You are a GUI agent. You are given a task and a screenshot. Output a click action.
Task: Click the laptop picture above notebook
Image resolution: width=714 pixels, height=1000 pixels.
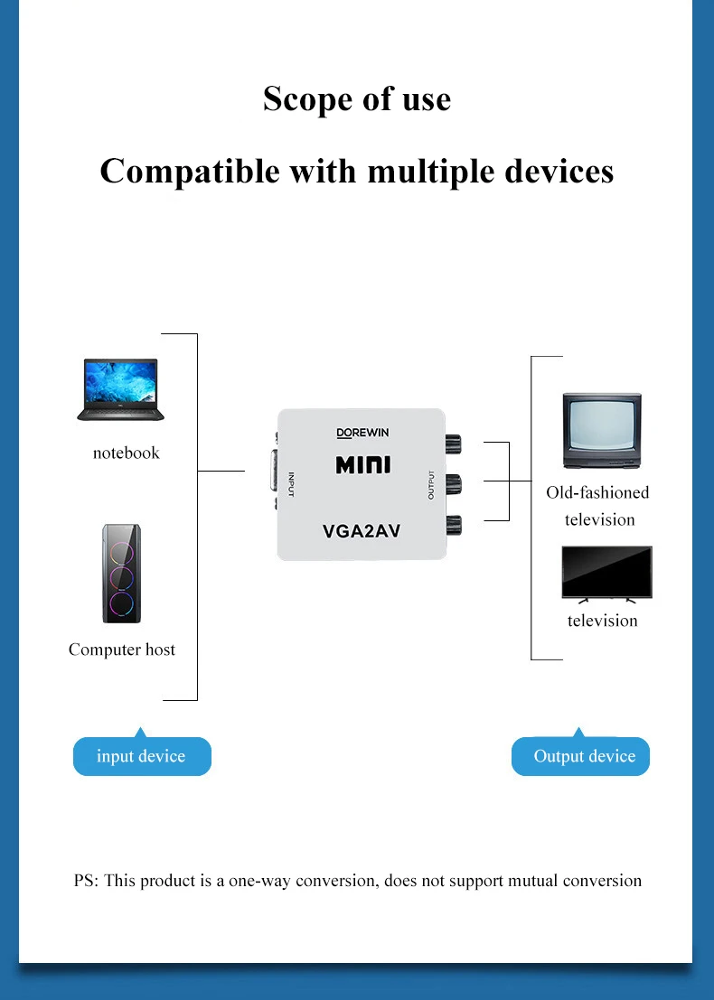coord(121,389)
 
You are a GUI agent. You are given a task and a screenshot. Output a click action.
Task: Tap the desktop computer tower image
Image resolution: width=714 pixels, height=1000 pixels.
coord(121,574)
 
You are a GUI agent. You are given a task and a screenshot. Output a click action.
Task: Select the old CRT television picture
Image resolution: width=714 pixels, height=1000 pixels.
coord(601,431)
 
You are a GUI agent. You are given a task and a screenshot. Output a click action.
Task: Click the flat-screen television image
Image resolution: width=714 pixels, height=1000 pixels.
coord(606,574)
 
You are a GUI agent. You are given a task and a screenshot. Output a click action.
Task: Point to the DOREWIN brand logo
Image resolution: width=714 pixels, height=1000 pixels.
coord(362,433)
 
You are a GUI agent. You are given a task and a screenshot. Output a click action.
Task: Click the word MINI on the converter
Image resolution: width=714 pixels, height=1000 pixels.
coord(362,465)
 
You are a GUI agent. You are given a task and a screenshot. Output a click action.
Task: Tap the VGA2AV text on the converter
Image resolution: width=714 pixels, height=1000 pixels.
coord(362,531)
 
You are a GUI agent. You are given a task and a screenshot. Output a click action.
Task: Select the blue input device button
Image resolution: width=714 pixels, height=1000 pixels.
coord(142,756)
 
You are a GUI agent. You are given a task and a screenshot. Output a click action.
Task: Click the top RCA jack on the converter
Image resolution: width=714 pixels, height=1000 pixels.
coord(453,444)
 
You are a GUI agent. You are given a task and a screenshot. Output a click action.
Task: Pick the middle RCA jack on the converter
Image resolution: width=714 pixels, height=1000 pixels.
coord(453,482)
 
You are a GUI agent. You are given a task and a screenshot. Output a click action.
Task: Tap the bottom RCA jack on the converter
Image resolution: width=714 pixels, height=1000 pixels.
coord(453,521)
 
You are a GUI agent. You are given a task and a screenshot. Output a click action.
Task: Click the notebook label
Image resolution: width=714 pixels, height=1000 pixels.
coord(126,453)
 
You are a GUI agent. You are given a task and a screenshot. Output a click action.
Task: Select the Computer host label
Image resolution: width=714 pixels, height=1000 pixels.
coord(122,650)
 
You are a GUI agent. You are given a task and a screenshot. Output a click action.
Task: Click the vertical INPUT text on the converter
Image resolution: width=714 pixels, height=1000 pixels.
coord(291,485)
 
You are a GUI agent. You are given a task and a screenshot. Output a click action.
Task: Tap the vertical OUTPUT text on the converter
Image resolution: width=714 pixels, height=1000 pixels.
coord(431,485)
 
